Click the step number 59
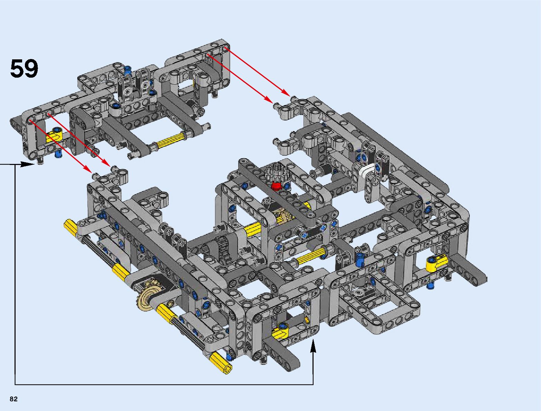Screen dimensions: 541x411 (24, 69)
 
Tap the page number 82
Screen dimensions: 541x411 (13, 399)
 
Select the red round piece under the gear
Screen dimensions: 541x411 (276, 186)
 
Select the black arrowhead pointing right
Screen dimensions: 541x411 (27, 164)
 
